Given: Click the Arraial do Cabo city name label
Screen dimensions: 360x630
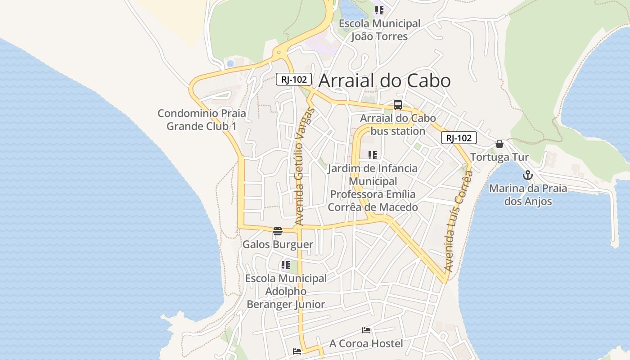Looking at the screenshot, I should (384, 81).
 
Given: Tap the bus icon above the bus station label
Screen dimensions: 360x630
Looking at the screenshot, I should (398, 105).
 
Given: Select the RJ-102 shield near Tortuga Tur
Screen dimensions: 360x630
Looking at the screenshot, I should (459, 138).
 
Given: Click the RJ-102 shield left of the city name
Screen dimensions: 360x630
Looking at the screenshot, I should (294, 79).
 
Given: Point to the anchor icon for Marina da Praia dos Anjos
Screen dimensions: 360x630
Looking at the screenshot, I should (528, 175).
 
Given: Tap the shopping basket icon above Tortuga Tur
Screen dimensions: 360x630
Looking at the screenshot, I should (499, 144).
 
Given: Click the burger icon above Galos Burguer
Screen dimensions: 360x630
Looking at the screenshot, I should (278, 231).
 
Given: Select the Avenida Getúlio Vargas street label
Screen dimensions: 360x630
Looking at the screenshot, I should (305, 166).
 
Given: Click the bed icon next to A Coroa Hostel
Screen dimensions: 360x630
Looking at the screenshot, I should (366, 330).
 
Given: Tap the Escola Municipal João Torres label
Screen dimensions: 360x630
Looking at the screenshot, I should (379, 30).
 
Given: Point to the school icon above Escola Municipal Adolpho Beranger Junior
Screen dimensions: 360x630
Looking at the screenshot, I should (285, 265).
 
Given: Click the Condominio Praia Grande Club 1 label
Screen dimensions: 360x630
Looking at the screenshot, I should (202, 120).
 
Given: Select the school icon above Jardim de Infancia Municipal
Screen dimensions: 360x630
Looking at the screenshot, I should (373, 155).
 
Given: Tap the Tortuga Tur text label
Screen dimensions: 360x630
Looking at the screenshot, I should (499, 157).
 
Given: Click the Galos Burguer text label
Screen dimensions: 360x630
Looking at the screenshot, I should (278, 245).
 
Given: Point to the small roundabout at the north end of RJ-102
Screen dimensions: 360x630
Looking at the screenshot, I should (279, 53).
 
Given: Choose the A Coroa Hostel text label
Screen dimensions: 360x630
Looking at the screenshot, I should (366, 344).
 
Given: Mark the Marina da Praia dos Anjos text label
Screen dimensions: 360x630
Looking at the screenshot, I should (528, 194).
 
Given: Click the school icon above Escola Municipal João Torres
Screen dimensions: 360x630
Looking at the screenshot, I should (379, 10).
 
